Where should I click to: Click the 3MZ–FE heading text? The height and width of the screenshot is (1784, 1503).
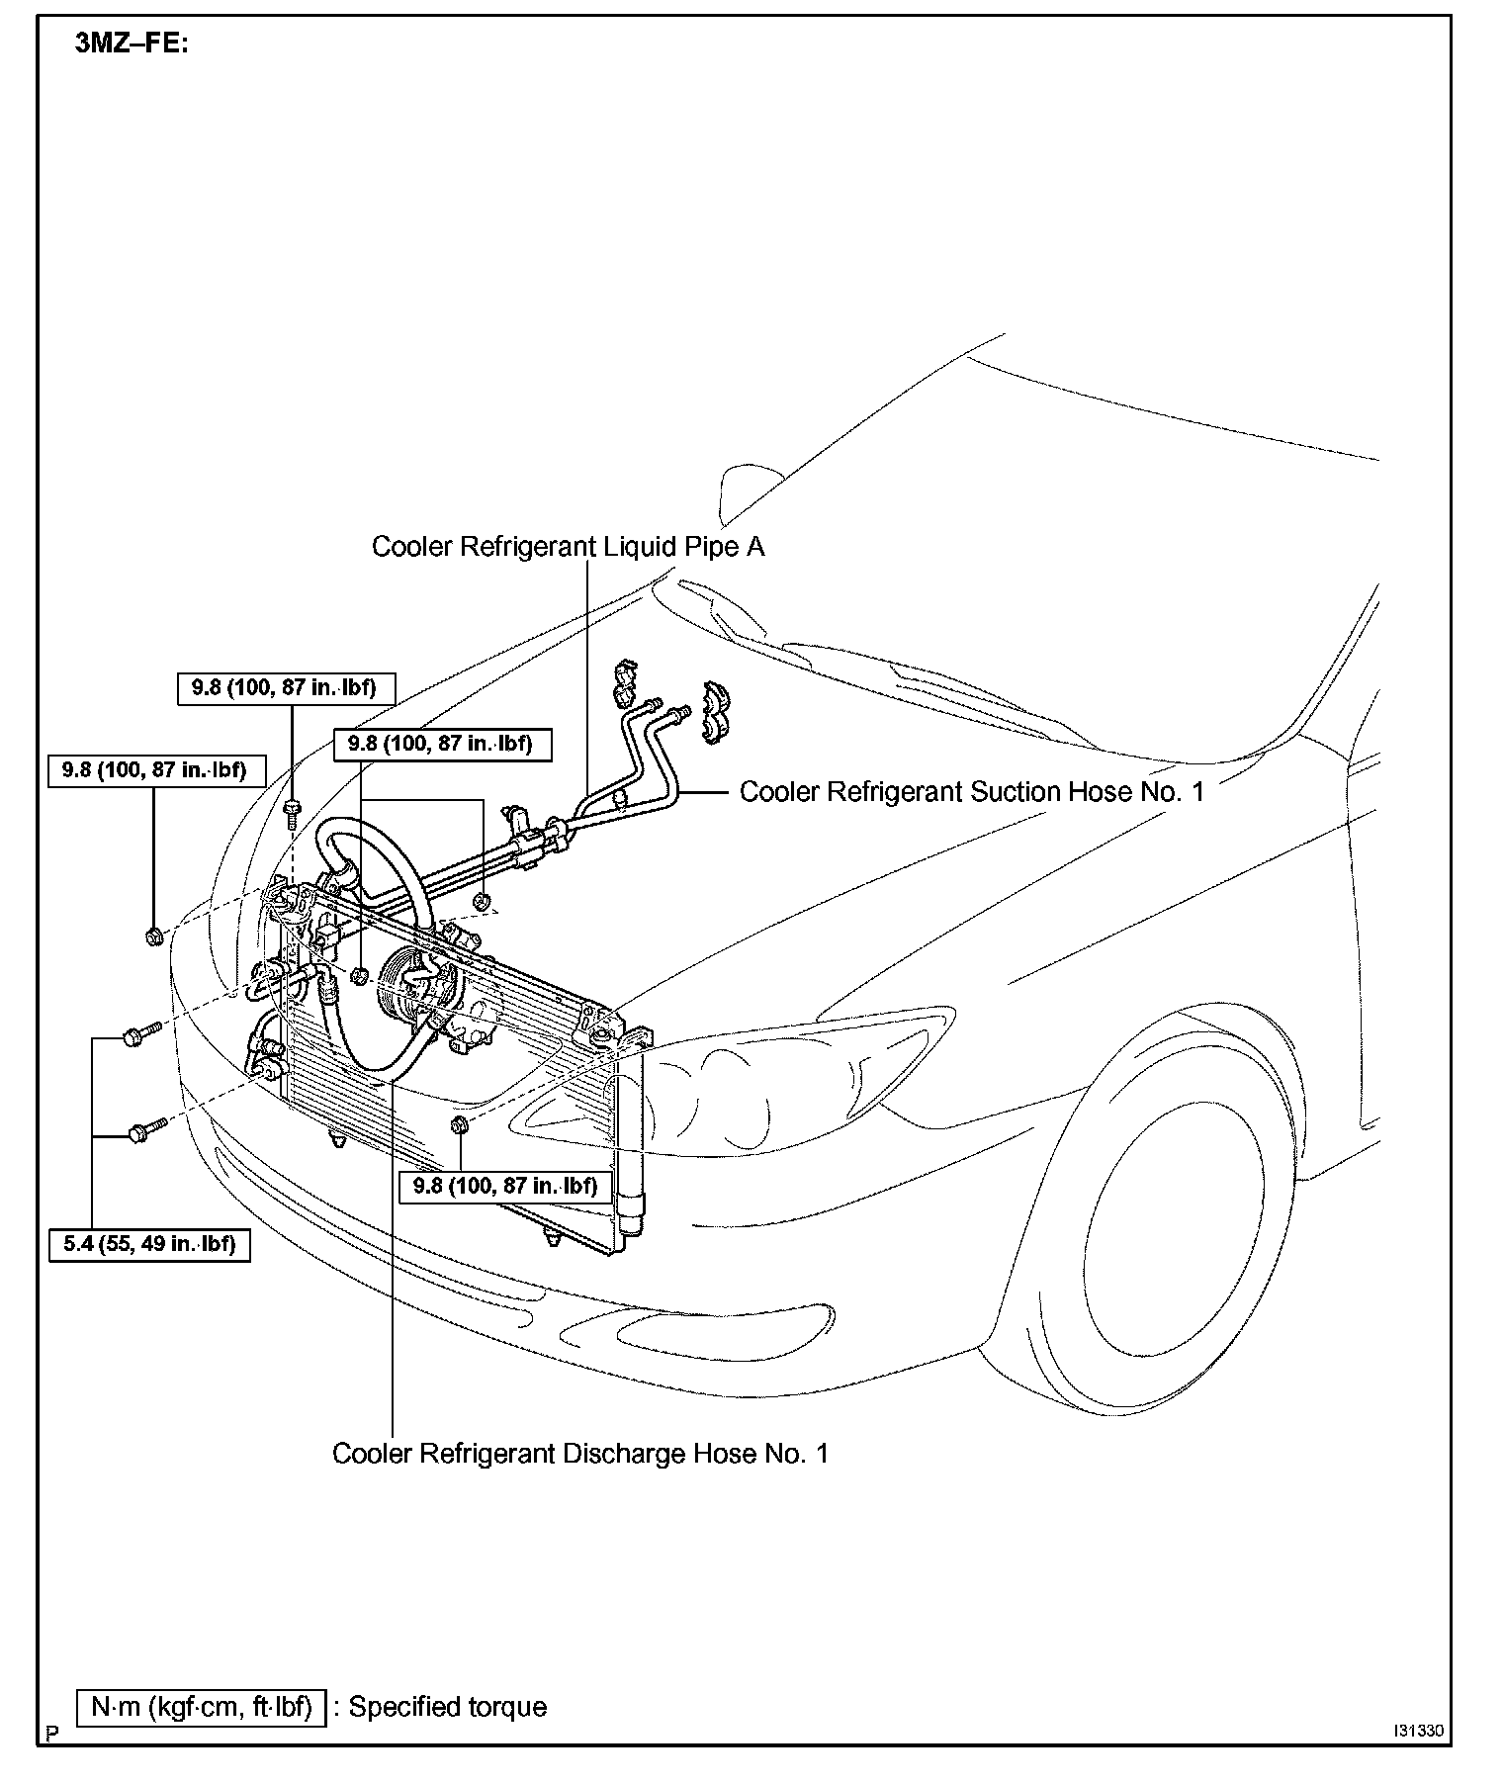click(x=131, y=45)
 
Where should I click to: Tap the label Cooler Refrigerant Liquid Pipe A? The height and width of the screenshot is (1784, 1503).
click(x=568, y=547)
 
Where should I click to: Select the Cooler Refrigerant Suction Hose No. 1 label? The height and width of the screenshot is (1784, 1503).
click(x=972, y=792)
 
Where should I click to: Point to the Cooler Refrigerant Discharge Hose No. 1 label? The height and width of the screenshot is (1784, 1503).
click(x=580, y=1454)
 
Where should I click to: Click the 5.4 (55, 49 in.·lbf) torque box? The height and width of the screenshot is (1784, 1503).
click(x=149, y=1244)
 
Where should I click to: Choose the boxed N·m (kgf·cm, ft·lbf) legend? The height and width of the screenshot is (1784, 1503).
click(x=202, y=1708)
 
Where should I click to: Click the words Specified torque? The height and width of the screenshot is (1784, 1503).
click(x=448, y=1708)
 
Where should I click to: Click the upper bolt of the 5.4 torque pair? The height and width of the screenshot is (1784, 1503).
click(x=137, y=1035)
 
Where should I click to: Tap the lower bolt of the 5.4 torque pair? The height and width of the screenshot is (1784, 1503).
click(x=142, y=1131)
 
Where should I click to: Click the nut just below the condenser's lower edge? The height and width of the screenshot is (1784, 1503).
click(x=458, y=1125)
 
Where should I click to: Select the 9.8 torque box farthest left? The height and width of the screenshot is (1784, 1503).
click(x=155, y=769)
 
